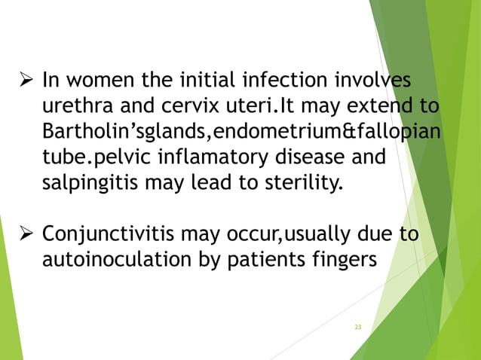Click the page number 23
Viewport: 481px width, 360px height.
[357, 327]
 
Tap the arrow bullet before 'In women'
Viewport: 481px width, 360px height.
[23, 79]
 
